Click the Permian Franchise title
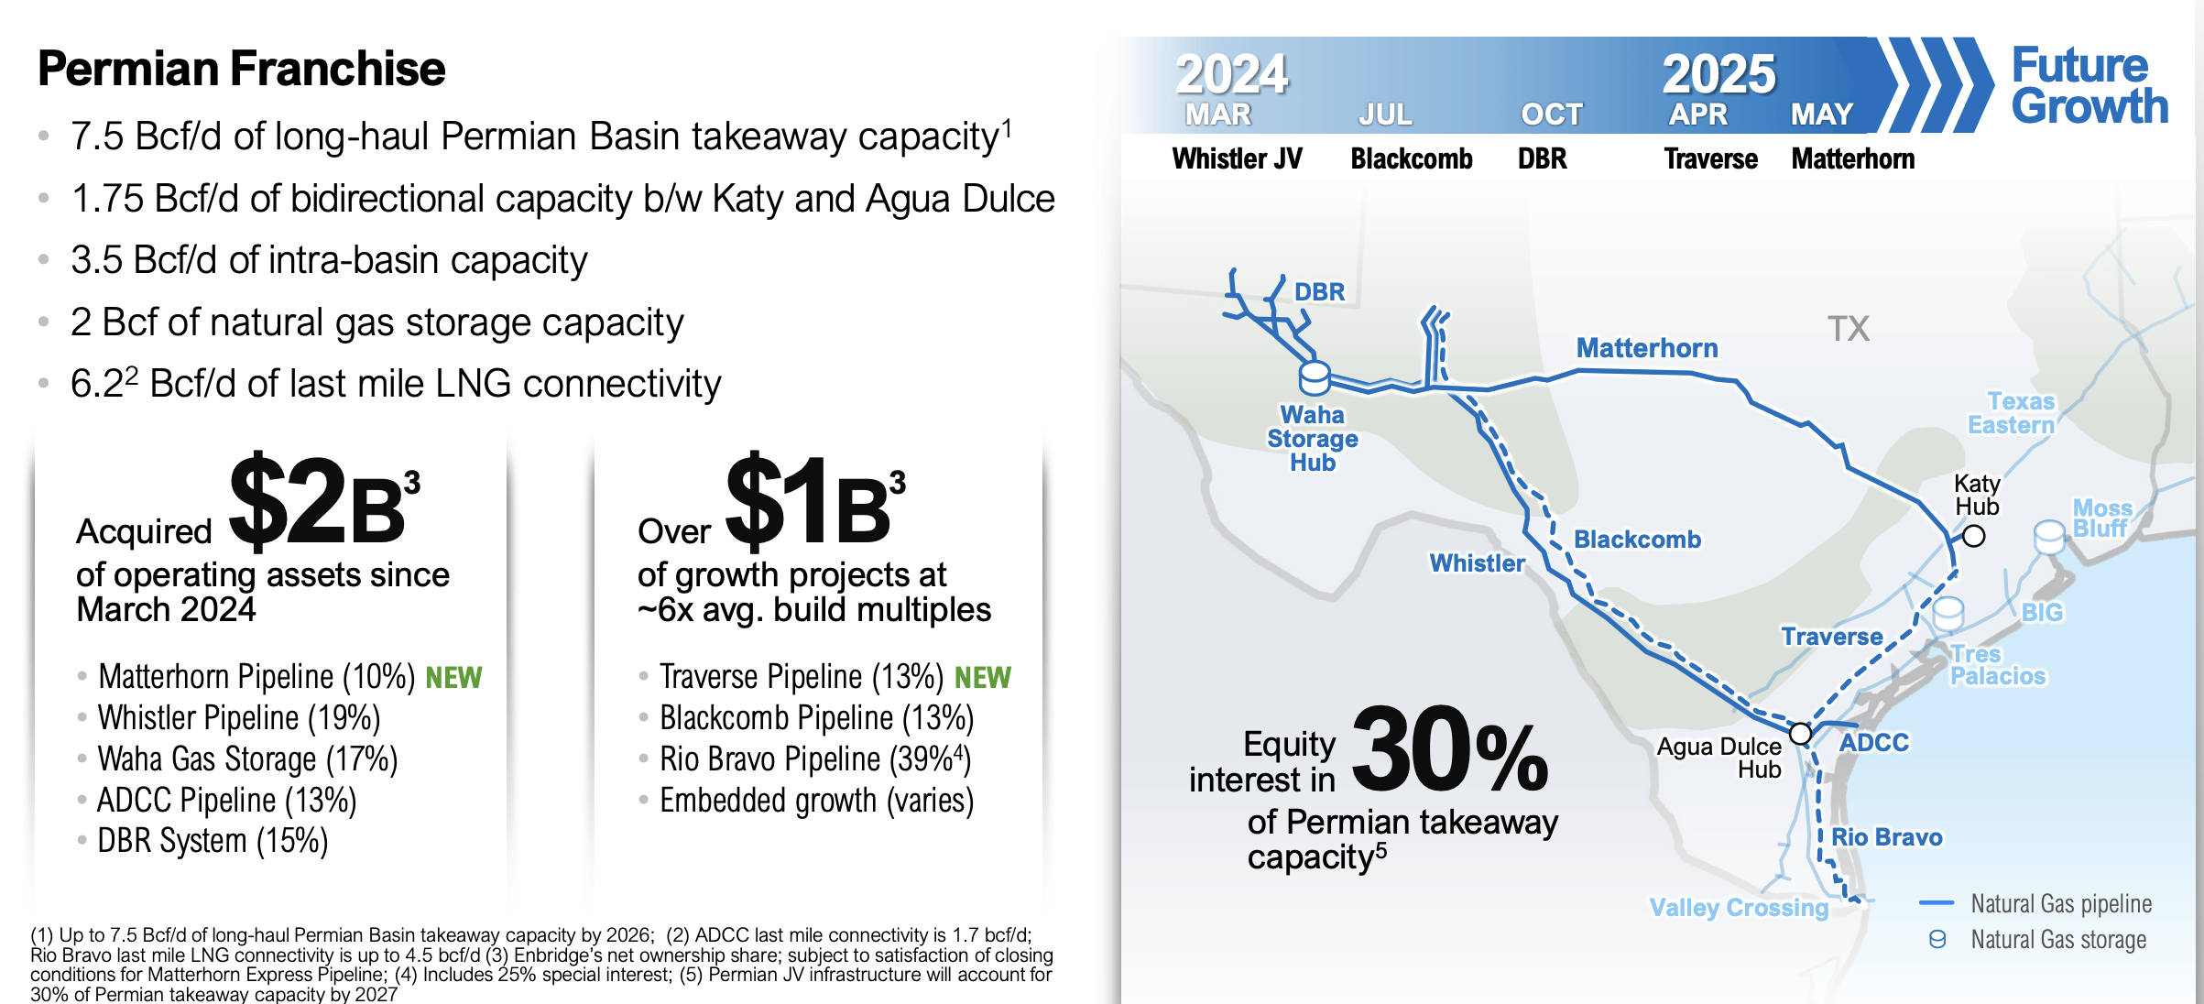pyautogui.click(x=241, y=69)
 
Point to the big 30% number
pyautogui.click(x=1449, y=750)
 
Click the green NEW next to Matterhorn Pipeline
pyautogui.click(x=453, y=678)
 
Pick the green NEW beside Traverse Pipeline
pyautogui.click(x=982, y=678)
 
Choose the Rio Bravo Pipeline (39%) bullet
pyautogui.click(x=814, y=759)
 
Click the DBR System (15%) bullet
pyautogui.click(x=213, y=841)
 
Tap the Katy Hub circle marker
pyautogui.click(x=1973, y=536)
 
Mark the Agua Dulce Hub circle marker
pyautogui.click(x=1800, y=734)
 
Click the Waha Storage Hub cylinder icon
pyautogui.click(x=1315, y=377)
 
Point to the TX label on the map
pyautogui.click(x=1848, y=329)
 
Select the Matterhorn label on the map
pyautogui.click(x=1646, y=348)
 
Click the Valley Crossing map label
pyautogui.click(x=1738, y=907)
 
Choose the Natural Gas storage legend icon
pyautogui.click(x=1937, y=940)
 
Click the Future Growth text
pyautogui.click(x=2089, y=86)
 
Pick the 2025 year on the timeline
pyautogui.click(x=1718, y=73)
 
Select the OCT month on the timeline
pyautogui.click(x=1551, y=115)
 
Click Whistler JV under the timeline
pyautogui.click(x=1237, y=159)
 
